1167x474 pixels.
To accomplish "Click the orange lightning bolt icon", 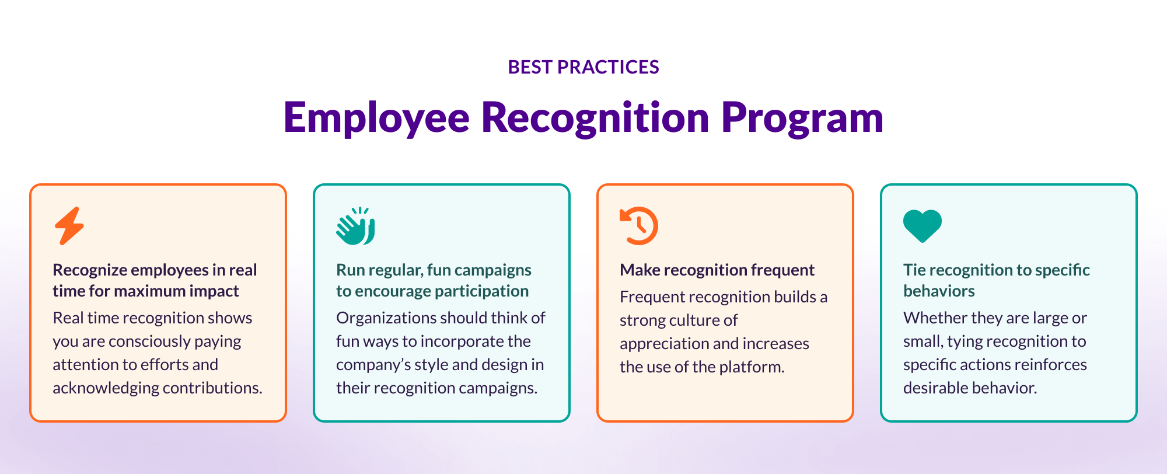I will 69,226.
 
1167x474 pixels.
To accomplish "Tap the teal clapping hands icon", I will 355,226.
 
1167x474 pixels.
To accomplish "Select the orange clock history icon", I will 638,226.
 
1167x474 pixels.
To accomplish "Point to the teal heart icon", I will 922,225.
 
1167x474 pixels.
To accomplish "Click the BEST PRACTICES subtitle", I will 583,67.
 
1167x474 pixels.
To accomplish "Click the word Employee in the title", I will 376,118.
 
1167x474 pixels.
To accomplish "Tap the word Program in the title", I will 802,118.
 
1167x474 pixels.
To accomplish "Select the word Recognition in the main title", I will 595,118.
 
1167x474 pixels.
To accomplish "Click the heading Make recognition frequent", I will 717,270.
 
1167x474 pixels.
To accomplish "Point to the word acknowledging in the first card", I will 106,388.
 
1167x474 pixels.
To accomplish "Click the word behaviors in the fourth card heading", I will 938,291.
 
